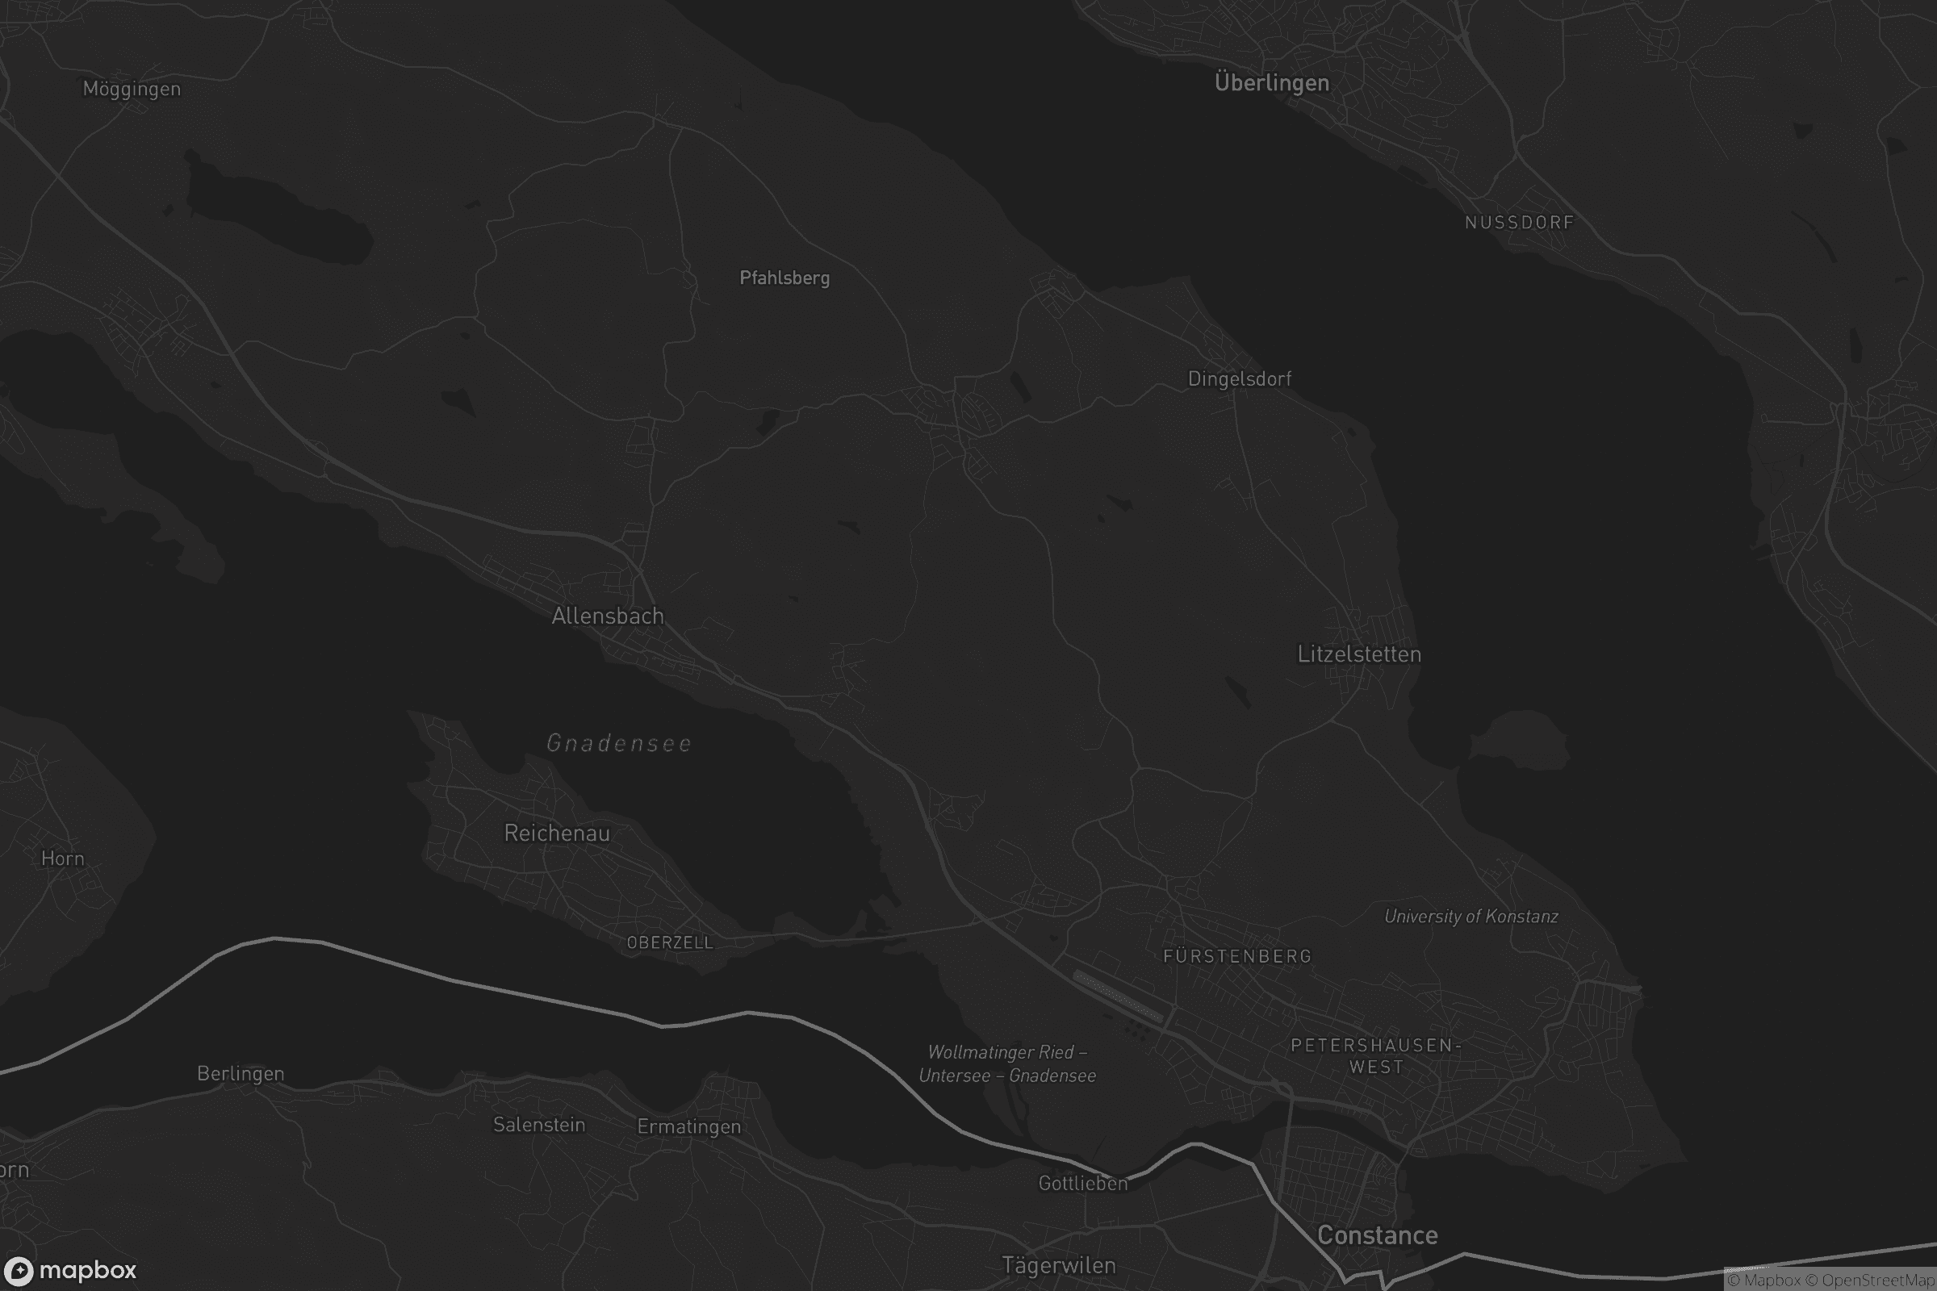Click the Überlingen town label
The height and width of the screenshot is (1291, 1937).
click(1272, 83)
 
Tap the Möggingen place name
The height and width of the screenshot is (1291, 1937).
click(132, 89)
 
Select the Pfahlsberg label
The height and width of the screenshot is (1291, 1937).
click(784, 278)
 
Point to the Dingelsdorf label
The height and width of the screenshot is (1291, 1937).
click(1240, 378)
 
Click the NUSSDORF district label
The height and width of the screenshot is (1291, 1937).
click(1520, 223)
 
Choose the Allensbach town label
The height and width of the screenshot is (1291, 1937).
click(608, 616)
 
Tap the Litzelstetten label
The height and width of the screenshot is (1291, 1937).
click(1359, 654)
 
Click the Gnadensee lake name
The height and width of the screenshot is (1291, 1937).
click(619, 743)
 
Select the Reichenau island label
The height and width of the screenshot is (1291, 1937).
click(557, 834)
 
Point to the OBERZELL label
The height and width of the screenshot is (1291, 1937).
click(670, 942)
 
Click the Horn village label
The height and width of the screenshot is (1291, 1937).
click(63, 859)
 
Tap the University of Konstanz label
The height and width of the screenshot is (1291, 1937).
click(1471, 917)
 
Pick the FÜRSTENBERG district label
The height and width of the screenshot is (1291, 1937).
click(1237, 956)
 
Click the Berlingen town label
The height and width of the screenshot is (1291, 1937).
click(241, 1074)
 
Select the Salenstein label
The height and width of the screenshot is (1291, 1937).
click(538, 1125)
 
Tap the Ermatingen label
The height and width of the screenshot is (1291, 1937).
click(688, 1126)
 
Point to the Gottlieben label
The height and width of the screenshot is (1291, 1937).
click(1082, 1183)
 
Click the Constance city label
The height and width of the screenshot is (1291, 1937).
click(1377, 1235)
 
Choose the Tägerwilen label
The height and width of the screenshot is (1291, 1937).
click(1058, 1265)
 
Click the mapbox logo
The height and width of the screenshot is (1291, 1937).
click(70, 1270)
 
